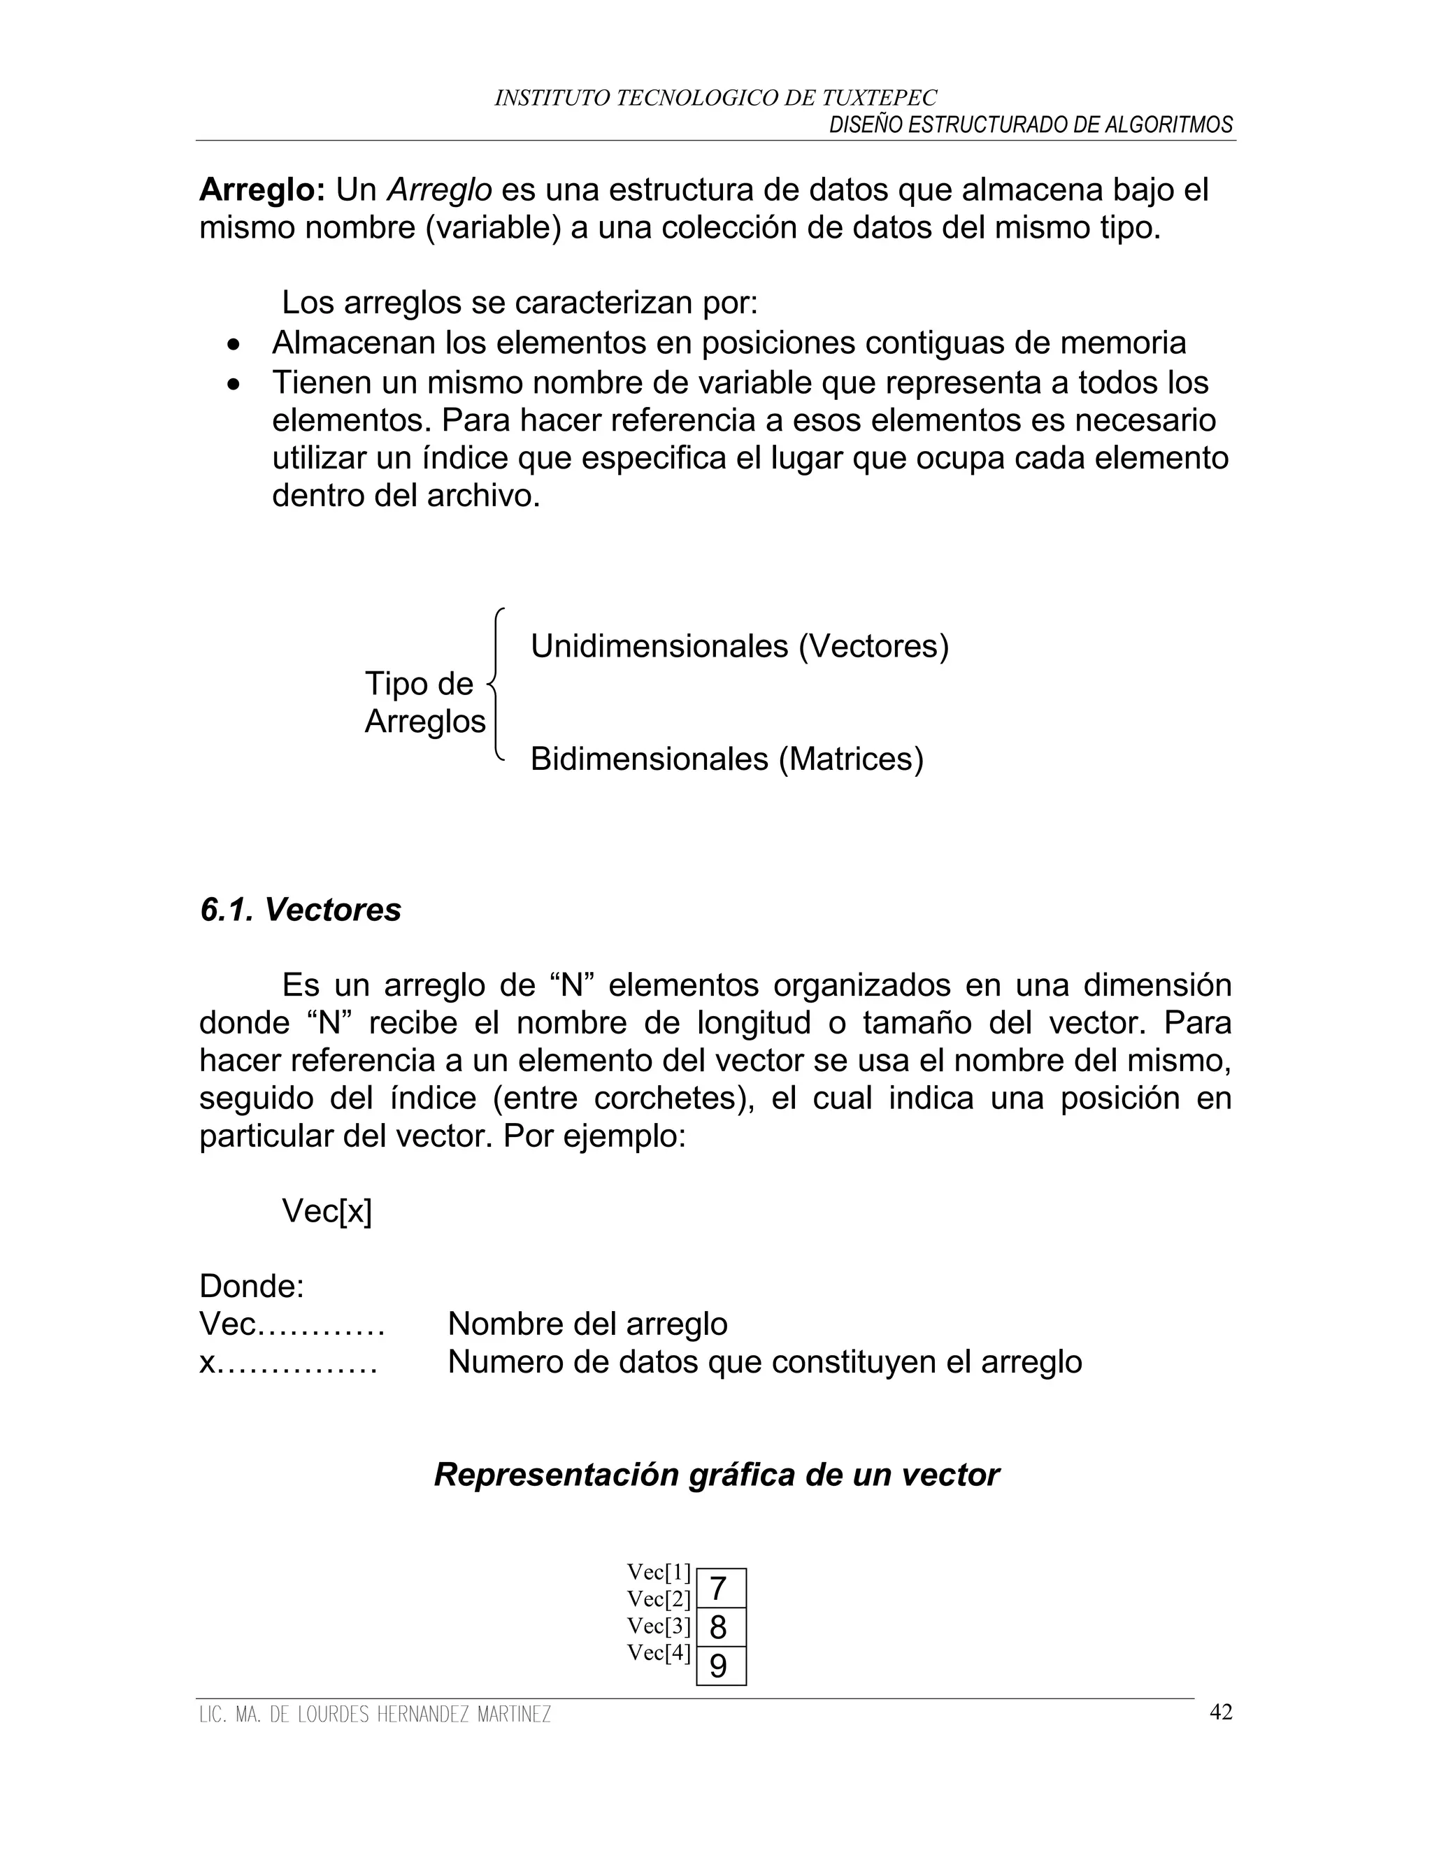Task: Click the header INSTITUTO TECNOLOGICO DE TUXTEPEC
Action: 715,99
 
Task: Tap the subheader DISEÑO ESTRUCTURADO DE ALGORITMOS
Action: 1030,126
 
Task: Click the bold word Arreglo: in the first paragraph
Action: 262,191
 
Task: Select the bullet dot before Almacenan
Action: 234,345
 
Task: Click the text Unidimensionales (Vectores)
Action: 739,647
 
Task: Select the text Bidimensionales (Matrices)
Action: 726,759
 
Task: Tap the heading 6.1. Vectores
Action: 300,910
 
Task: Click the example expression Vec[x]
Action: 327,1212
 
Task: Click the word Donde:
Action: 251,1287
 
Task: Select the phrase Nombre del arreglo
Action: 587,1324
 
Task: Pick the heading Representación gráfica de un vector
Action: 716,1475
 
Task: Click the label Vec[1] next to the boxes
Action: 658,1572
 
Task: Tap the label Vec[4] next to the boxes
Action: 658,1653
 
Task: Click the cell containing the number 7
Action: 720,1587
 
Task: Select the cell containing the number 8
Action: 720,1627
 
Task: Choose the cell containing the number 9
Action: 720,1666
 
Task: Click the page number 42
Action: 1220,1712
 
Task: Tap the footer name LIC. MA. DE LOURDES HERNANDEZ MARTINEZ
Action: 374,1715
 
